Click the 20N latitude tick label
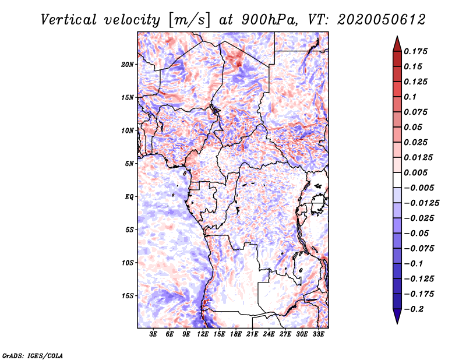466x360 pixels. point(128,64)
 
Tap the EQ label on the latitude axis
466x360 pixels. point(129,196)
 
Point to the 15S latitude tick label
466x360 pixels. point(128,295)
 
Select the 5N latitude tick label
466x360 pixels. point(129,164)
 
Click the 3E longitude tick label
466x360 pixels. point(153,334)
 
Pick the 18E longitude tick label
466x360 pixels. point(236,334)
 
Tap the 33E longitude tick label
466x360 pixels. point(318,334)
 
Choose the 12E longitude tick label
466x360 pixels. point(203,334)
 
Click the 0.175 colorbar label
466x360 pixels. point(415,51)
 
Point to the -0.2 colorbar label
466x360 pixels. point(414,309)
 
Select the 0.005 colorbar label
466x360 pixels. point(415,172)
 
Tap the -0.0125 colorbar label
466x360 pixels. point(421,203)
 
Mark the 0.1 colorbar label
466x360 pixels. point(410,97)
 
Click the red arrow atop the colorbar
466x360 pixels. point(397,44)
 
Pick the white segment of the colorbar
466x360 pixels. point(397,180)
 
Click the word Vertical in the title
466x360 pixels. point(69,20)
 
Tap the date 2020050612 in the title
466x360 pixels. point(382,20)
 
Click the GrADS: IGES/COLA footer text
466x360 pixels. point(33,355)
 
